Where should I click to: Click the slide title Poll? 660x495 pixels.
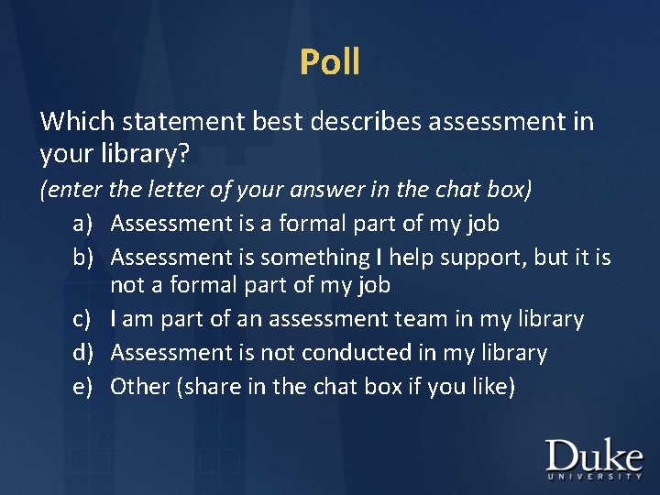(x=330, y=62)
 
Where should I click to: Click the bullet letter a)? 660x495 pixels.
(x=84, y=223)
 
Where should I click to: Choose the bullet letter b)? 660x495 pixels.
(x=84, y=258)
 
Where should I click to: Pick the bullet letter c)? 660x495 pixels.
(x=84, y=319)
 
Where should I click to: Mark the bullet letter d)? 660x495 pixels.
(x=84, y=353)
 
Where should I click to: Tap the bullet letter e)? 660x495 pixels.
(x=84, y=387)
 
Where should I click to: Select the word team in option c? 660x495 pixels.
(x=426, y=319)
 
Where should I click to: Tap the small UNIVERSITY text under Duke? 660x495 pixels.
(x=594, y=477)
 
